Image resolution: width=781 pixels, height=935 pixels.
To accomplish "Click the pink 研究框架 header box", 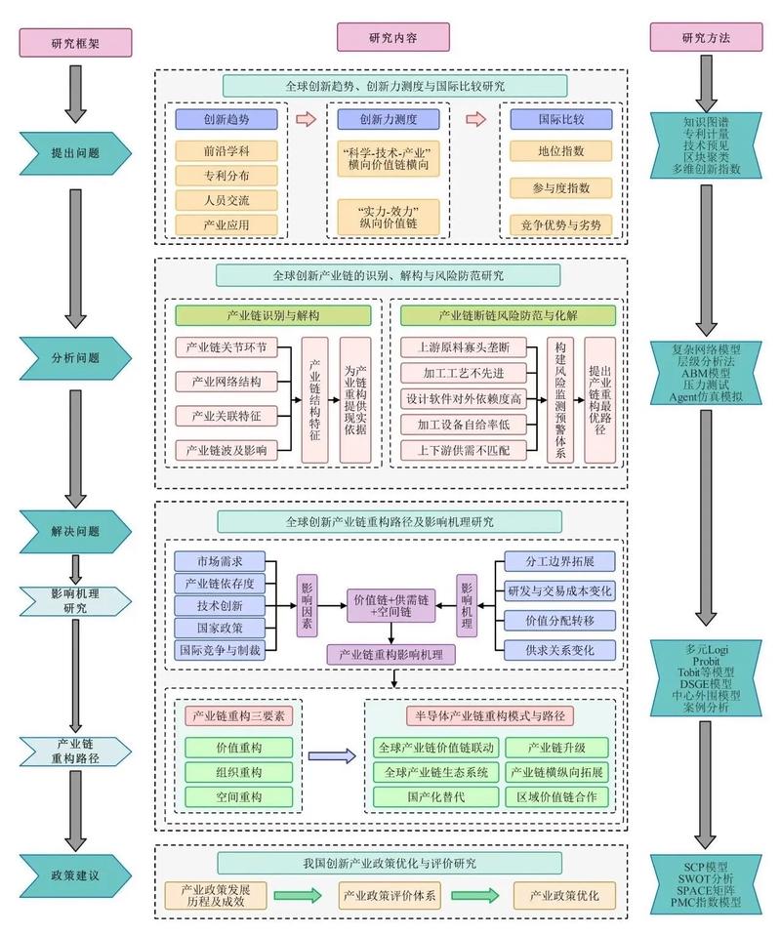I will click(x=75, y=42).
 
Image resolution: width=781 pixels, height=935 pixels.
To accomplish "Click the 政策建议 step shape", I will click(x=75, y=874).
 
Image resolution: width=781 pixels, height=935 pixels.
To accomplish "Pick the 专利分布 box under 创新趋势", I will click(x=226, y=176).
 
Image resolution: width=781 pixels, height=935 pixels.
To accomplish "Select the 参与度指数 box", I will click(x=561, y=187).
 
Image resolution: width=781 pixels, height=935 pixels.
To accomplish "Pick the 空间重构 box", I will click(x=239, y=796).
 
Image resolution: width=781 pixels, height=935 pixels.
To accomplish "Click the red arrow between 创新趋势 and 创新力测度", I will click(x=307, y=119).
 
